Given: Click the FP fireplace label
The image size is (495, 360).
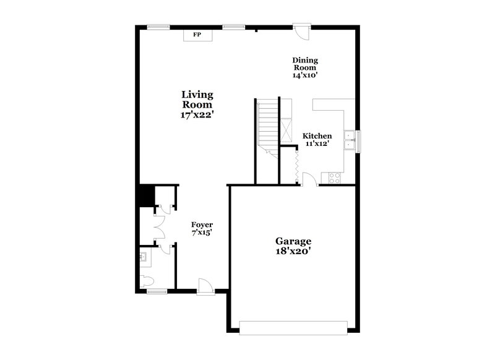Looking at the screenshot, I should pos(197,35).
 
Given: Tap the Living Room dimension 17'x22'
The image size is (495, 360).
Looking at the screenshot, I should pos(197,114).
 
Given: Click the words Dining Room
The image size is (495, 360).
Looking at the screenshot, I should pos(305,64).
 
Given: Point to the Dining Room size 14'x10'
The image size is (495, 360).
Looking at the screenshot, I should pos(305,75).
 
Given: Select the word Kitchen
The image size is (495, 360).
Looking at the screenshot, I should pos(317,136).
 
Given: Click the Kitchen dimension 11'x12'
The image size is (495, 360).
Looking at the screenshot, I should pos(317,144).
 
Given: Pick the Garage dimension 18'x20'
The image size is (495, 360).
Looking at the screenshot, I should pos(293,252).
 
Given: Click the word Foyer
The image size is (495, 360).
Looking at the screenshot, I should pos(202,225).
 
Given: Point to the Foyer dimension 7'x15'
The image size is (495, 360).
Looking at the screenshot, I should pos(202,233).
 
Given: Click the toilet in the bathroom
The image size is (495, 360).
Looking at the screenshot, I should pos(147,281).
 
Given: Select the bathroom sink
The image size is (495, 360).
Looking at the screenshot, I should pos(145,256).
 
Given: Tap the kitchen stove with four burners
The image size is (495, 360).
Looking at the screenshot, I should pos(334,178).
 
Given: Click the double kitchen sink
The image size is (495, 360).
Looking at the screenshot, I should pos(350,140).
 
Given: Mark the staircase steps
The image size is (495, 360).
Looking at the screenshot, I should pos(267,124).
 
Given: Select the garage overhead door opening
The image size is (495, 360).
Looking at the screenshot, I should pos(293,327).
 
